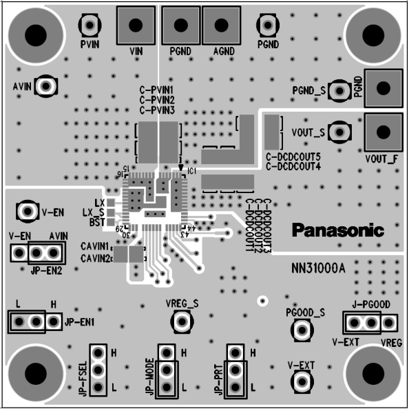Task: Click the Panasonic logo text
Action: click(x=337, y=230)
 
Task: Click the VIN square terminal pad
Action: click(x=136, y=26)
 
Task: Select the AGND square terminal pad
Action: click(x=222, y=26)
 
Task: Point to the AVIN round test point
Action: click(x=46, y=86)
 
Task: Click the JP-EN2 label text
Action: click(x=47, y=270)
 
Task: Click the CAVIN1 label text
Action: click(x=95, y=246)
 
